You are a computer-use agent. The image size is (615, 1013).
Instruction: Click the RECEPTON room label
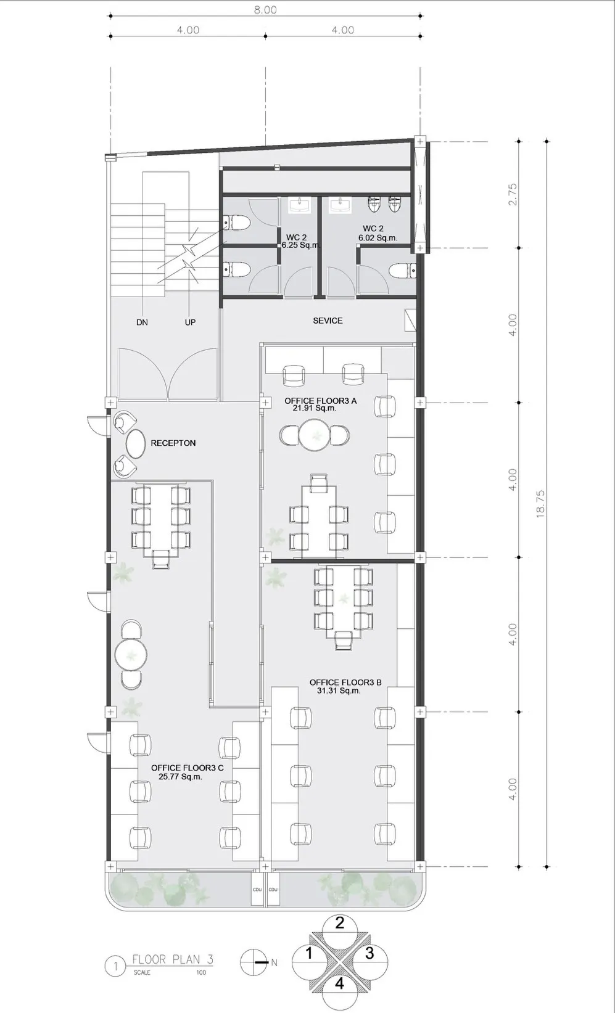pos(173,443)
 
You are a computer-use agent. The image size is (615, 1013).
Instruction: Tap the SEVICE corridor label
pos(328,321)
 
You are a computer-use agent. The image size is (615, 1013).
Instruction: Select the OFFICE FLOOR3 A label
pos(320,401)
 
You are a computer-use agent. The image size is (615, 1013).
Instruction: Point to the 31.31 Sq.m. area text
pos(339,691)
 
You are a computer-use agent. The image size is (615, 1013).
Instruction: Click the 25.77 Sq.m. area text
pos(180,776)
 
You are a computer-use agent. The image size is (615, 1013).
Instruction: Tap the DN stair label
pos(142,322)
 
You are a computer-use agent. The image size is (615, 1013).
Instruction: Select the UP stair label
pos(190,322)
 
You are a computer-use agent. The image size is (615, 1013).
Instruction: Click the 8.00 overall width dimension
pos(265,9)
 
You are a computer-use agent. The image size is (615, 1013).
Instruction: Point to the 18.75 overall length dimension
pos(540,504)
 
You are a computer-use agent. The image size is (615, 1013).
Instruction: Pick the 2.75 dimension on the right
pos(512,194)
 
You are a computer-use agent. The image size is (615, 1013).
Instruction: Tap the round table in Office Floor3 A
pos(314,435)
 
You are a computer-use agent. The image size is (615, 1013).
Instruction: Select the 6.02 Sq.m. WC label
pos(378,237)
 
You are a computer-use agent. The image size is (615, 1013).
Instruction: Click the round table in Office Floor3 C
pos(131,654)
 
